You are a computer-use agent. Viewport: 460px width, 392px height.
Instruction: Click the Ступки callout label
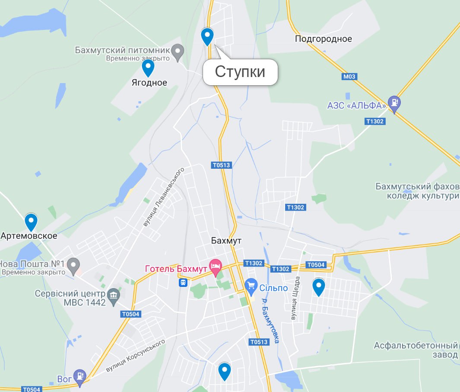[240, 72]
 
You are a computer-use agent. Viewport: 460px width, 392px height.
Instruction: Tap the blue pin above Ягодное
[148, 68]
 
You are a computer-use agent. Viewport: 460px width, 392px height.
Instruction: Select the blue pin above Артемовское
[31, 222]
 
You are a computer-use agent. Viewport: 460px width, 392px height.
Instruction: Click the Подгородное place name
[323, 39]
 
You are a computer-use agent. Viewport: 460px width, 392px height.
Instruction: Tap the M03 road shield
[349, 77]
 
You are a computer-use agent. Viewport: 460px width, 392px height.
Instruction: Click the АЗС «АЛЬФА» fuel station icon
[394, 103]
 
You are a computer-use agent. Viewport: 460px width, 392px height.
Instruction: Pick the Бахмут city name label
[226, 241]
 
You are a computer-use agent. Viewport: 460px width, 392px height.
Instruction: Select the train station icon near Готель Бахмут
[184, 283]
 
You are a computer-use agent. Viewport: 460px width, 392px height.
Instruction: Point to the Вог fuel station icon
[79, 376]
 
